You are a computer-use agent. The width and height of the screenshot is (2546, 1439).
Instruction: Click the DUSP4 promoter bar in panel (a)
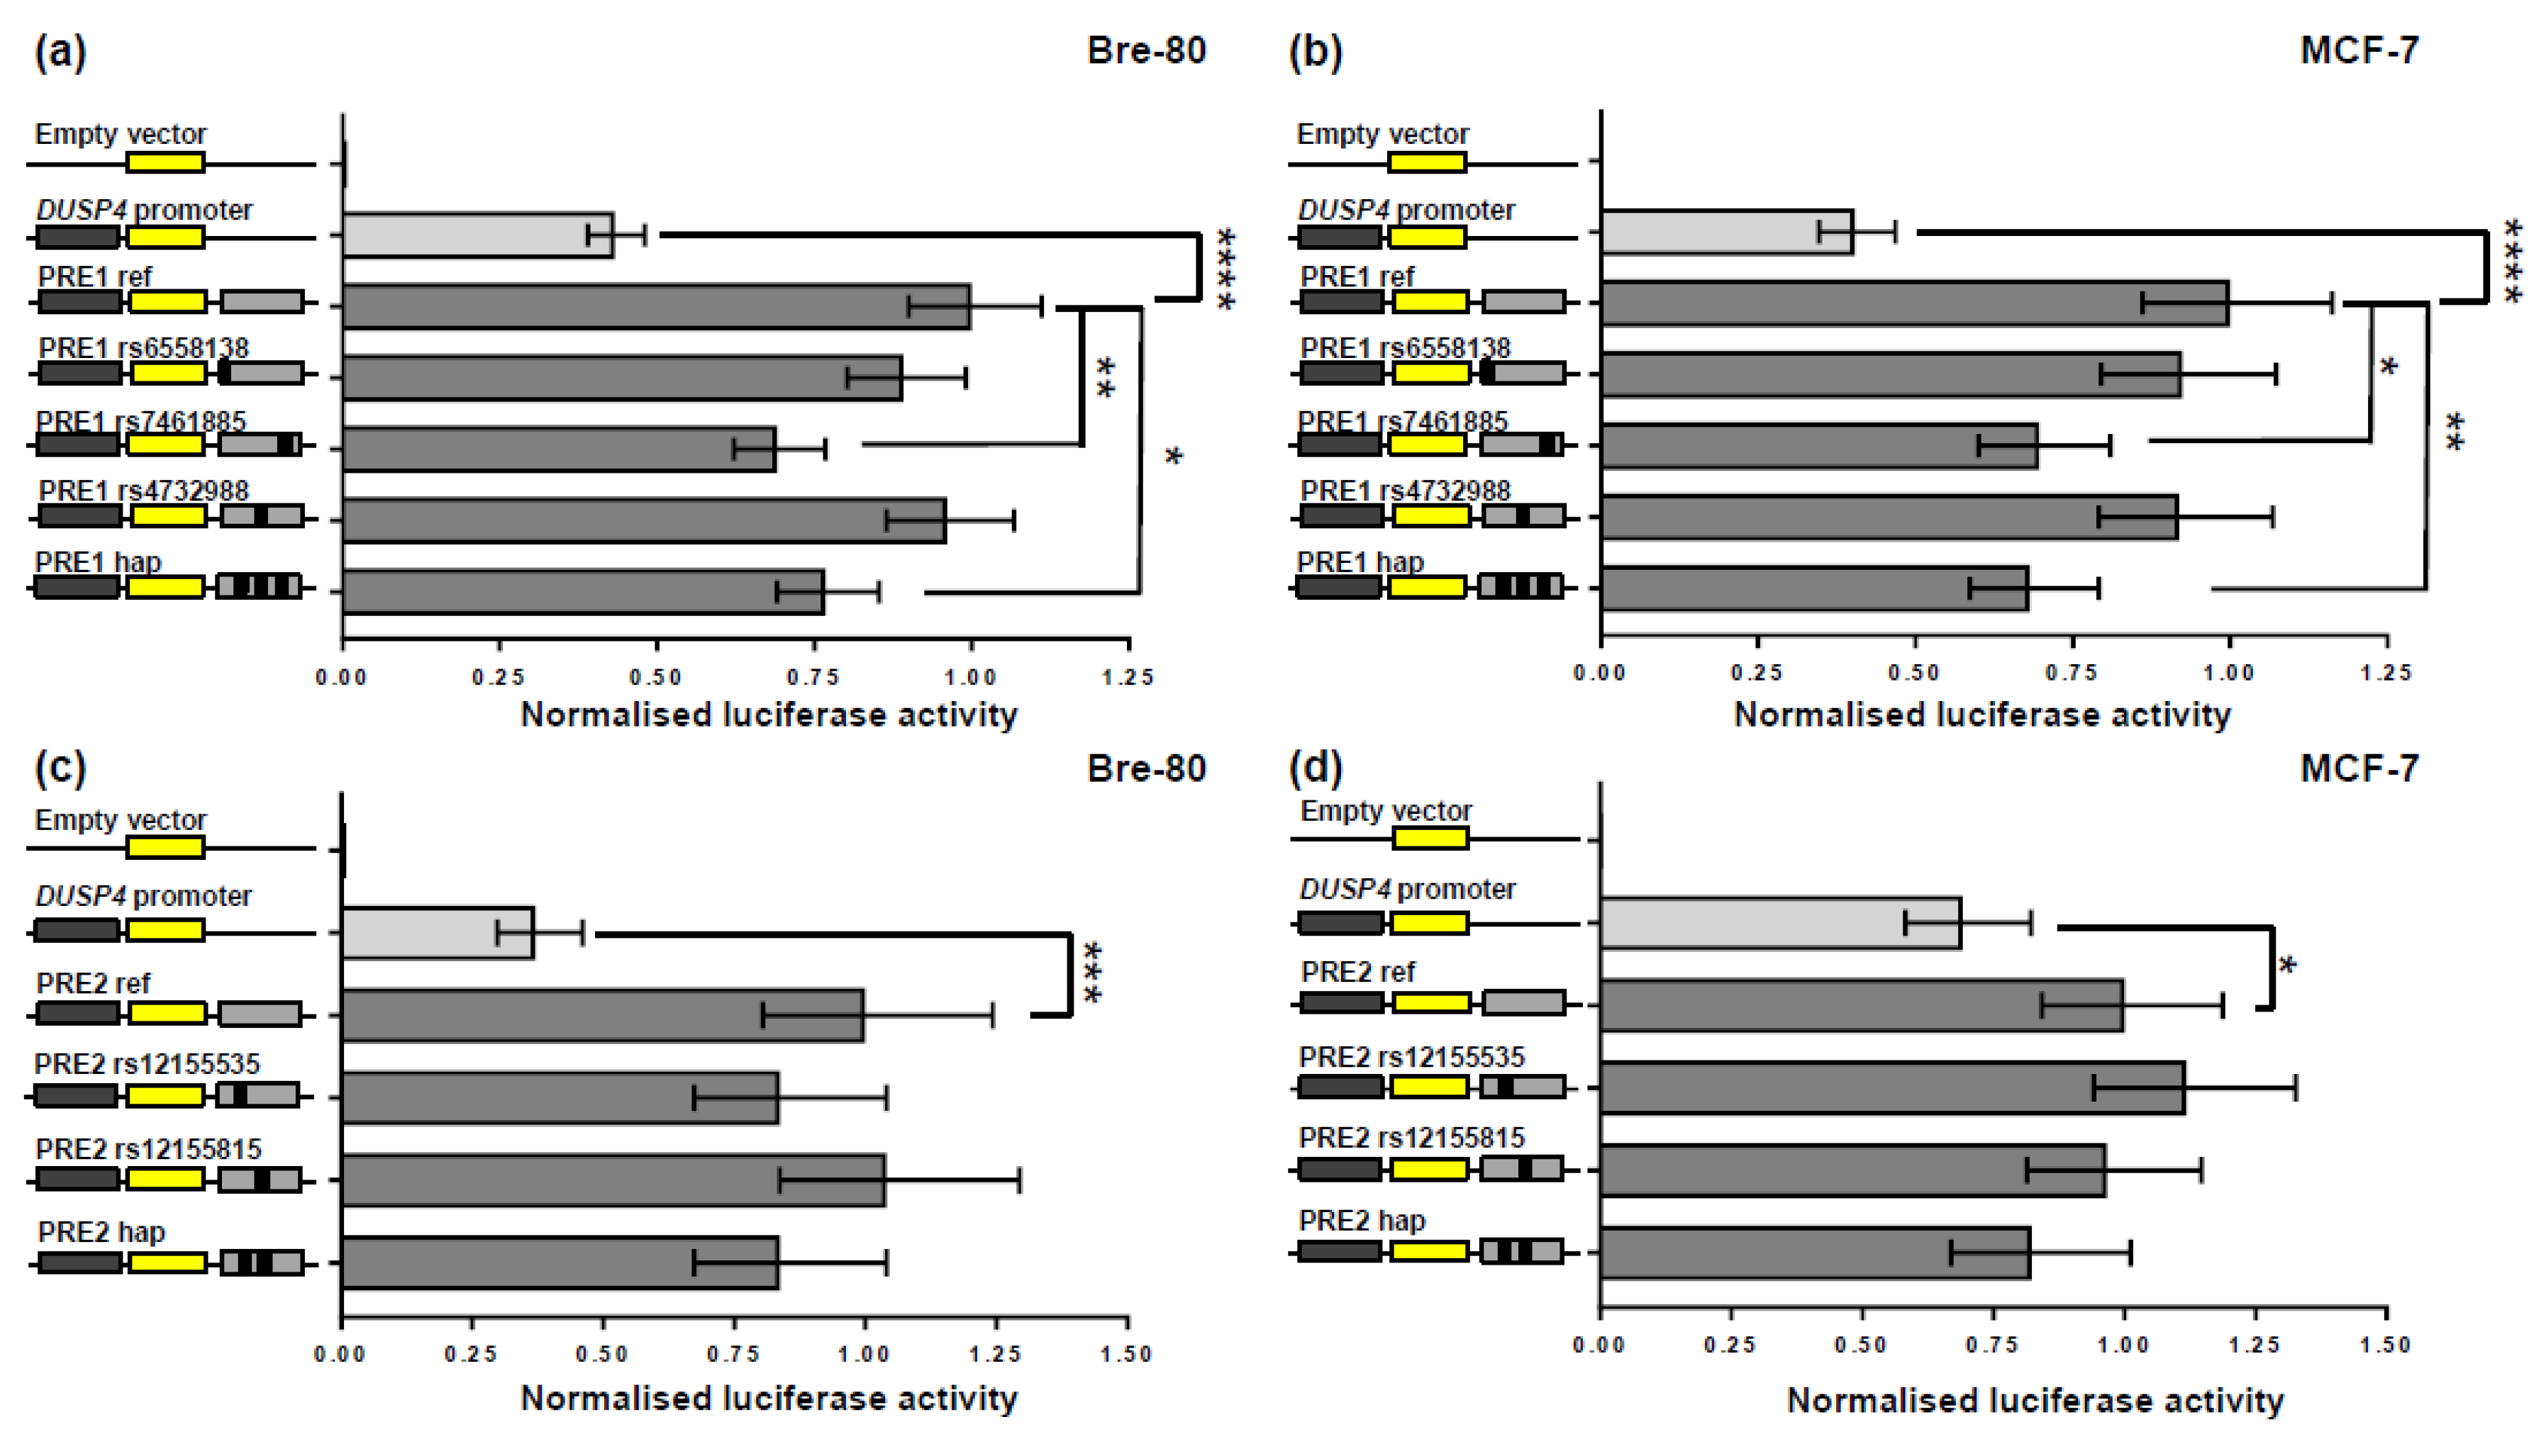click(477, 235)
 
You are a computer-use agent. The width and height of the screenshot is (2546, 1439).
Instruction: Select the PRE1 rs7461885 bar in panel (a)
click(559, 449)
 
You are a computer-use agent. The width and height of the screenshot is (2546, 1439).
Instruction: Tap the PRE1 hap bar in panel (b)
click(1814, 588)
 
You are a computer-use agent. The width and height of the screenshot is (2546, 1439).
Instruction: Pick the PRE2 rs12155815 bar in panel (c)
click(613, 1180)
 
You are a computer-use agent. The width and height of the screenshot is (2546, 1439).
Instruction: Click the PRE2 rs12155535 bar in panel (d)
click(1892, 1088)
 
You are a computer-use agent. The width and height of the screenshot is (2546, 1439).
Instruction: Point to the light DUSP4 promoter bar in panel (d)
click(1780, 923)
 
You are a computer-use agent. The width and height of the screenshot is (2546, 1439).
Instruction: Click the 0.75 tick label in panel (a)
click(813, 677)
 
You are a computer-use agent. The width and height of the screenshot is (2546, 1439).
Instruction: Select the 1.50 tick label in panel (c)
click(1126, 1354)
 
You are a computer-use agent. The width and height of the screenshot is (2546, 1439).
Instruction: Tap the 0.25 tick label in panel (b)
click(1756, 673)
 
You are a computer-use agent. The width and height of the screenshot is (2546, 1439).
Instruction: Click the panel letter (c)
click(60, 768)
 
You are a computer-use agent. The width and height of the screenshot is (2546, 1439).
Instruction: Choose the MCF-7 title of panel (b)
click(2359, 50)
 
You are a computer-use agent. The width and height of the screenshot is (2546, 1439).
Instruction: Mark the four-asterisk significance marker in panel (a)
click(1226, 269)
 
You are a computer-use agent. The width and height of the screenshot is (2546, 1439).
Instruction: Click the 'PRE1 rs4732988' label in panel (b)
click(1405, 491)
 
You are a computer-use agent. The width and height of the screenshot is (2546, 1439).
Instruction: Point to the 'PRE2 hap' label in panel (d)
click(1362, 1221)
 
